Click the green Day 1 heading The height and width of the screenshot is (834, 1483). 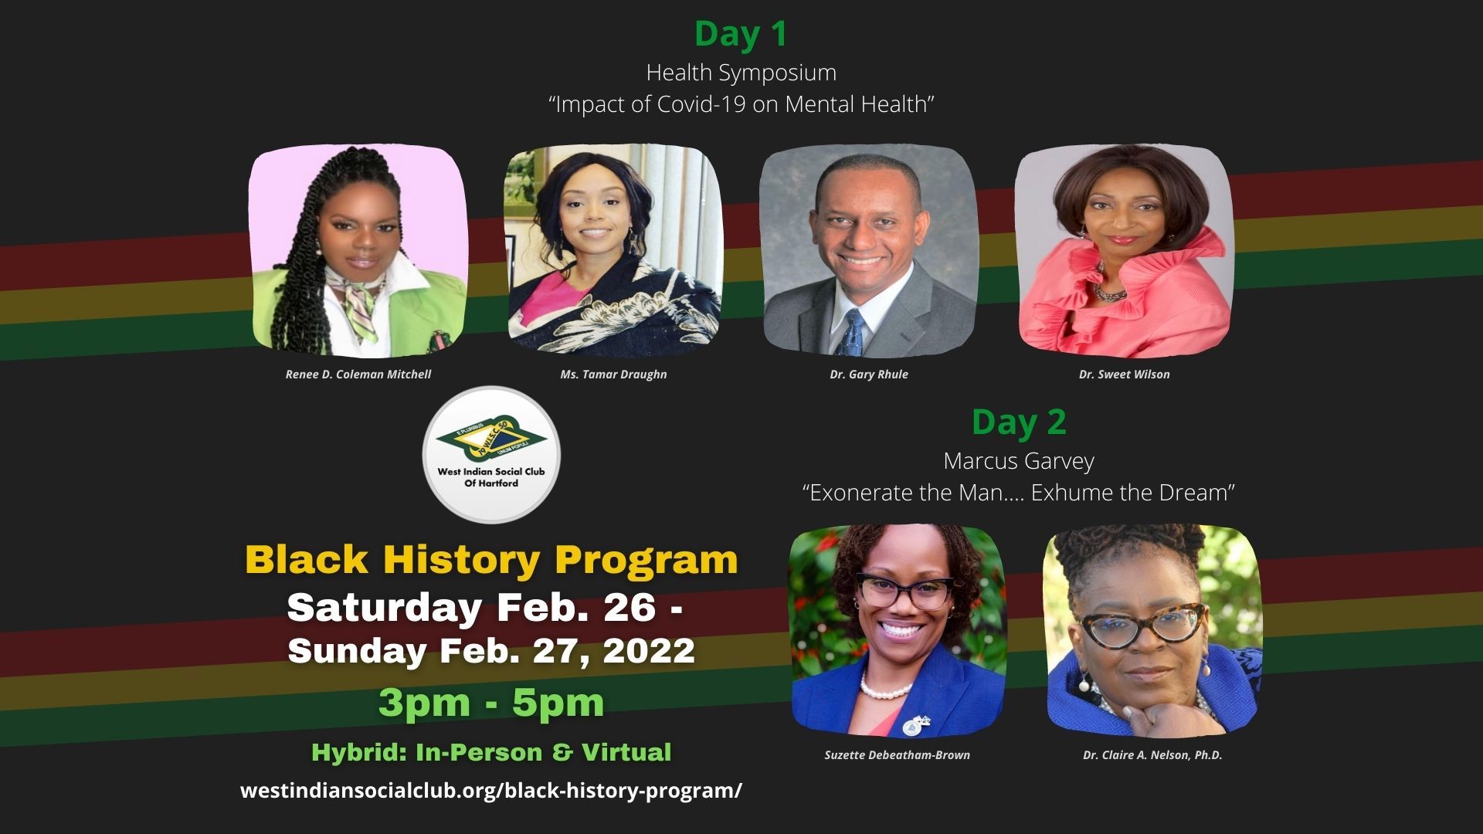(x=741, y=34)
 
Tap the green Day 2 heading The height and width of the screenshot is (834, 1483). (x=1018, y=422)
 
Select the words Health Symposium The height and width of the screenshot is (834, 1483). (x=741, y=73)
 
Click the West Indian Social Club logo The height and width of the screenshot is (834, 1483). (x=491, y=455)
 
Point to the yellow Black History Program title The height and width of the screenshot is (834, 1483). (x=491, y=560)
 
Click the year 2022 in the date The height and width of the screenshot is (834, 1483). (x=649, y=650)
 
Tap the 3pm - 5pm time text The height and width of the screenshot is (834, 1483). (x=491, y=703)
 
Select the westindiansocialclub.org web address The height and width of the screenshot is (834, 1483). (x=491, y=791)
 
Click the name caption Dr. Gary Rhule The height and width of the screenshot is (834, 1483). (x=869, y=375)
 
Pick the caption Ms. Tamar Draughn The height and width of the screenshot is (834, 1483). (x=613, y=375)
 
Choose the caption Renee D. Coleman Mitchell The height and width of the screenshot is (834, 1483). (x=358, y=375)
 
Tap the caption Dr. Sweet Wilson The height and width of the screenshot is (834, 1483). (x=1124, y=375)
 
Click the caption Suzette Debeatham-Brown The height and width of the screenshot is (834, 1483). (x=897, y=755)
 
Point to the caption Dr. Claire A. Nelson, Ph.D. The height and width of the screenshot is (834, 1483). (x=1152, y=755)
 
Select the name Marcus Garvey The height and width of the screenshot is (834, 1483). (x=1018, y=461)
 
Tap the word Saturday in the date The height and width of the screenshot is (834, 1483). (x=384, y=608)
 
